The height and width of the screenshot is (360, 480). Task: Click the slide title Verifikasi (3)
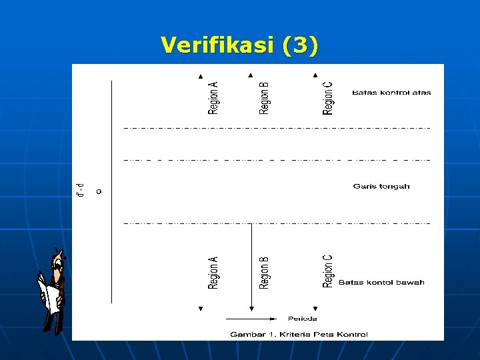pos(239,45)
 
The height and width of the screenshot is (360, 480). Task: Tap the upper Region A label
pos(213,98)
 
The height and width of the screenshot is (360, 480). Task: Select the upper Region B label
pos(264,98)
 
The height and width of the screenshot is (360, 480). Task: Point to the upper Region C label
pos(328,98)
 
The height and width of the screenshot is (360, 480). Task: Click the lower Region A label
pos(213,272)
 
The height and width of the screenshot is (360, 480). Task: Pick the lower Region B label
pos(264,272)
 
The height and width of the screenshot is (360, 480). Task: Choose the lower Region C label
pos(328,271)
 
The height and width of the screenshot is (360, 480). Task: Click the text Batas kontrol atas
pos(391,93)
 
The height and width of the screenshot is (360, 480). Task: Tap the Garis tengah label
pos(381,187)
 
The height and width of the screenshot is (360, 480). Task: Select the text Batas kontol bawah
pos(381,283)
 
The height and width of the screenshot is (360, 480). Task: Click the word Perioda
pos(302,319)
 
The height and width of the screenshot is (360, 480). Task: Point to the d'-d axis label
pos(81,190)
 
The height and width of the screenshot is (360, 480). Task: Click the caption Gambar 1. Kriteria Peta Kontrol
pos(299,334)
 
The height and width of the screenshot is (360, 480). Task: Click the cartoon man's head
pos(59,259)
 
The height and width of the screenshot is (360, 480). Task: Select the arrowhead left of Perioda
pos(273,318)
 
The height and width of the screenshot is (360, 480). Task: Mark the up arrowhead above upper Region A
pos(200,75)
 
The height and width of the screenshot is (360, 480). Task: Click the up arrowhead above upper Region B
pos(251,75)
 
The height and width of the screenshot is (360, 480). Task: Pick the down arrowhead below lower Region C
pos(315,309)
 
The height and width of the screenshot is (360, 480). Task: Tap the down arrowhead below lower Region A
pos(200,309)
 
